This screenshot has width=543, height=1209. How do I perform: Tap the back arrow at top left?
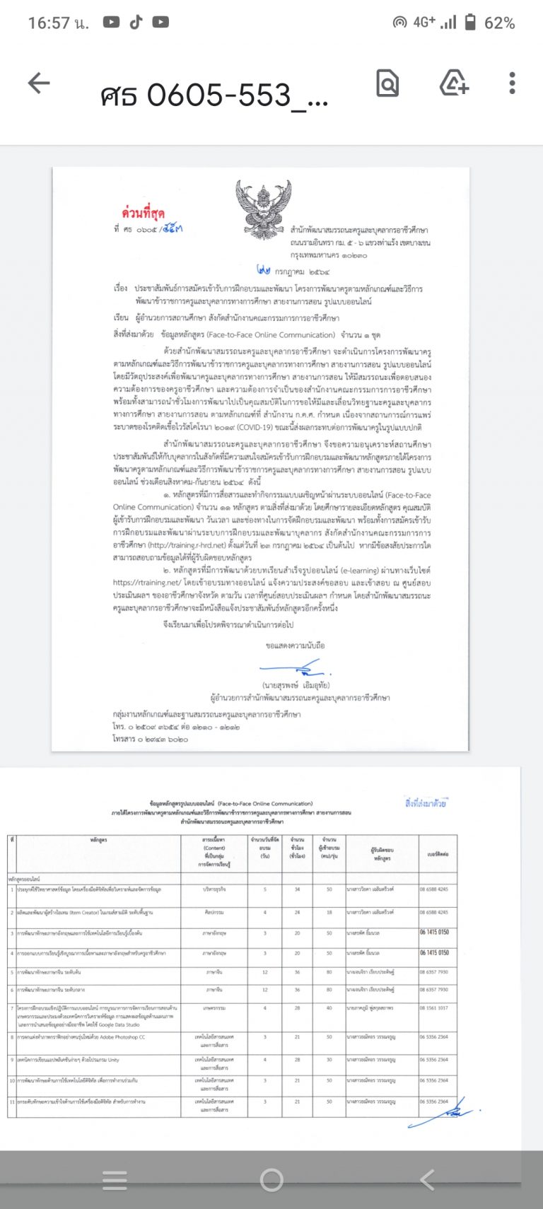[39, 83]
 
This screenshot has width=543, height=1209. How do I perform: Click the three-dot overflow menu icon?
[512, 83]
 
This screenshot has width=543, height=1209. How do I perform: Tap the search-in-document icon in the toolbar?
[387, 83]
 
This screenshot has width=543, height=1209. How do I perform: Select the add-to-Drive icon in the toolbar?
[454, 83]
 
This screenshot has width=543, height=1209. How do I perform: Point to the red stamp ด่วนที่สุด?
[144, 213]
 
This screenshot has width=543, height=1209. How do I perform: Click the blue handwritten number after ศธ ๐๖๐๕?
[170, 229]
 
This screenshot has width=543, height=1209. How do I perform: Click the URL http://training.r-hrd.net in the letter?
[181, 546]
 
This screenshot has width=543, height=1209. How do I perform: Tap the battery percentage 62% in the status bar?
[499, 23]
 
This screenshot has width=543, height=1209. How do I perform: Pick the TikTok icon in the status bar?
[136, 23]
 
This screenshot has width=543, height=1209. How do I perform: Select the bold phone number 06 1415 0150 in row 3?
[434, 933]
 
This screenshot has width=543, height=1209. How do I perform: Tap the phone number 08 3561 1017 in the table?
[433, 1008]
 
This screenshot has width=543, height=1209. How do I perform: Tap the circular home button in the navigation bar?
[271, 1179]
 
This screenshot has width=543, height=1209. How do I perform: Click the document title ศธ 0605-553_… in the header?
[214, 95]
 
